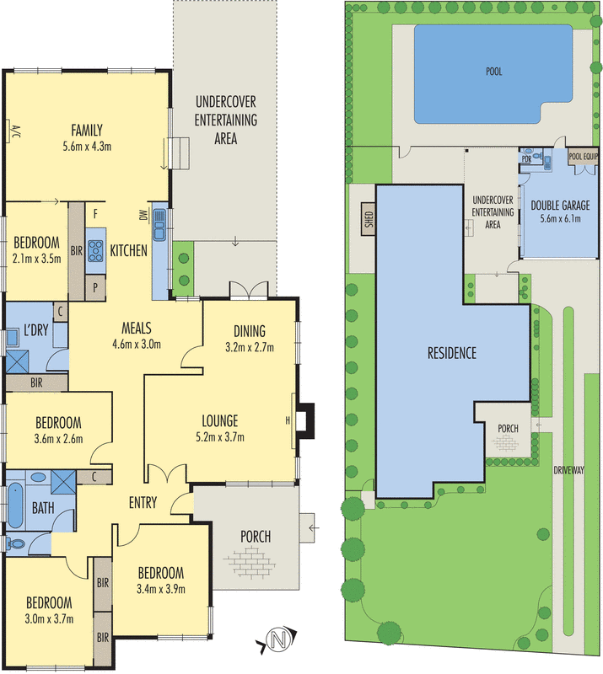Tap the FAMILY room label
[87, 131]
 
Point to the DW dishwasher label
[144, 217]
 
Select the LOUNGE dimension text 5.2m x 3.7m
[219, 436]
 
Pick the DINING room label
[250, 330]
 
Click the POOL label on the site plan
[493, 72]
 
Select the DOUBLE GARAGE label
[559, 205]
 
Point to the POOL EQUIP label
[584, 157]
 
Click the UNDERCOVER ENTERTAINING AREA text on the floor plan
[225, 120]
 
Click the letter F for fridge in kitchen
[98, 214]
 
